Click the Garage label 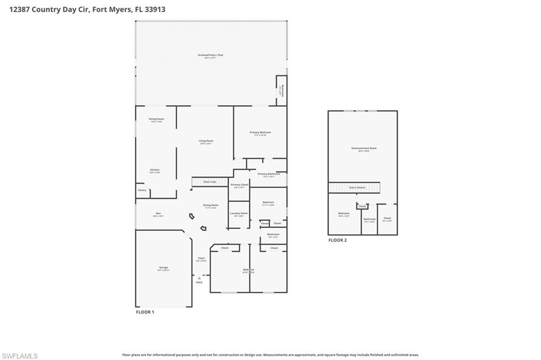point(164,268)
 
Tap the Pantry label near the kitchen point(142,190)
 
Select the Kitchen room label point(155,170)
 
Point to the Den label point(158,213)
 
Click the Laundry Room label point(239,213)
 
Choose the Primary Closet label point(239,185)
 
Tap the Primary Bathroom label point(269,174)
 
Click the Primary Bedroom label point(260,132)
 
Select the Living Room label point(206,141)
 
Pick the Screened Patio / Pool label point(210,55)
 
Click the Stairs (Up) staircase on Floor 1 point(210,182)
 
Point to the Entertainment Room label point(364,148)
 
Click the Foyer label point(201,258)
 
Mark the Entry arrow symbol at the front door point(199,277)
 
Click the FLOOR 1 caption point(145,312)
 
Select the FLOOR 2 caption point(338,240)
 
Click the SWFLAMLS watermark point(20,356)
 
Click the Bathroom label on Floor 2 point(369,219)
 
